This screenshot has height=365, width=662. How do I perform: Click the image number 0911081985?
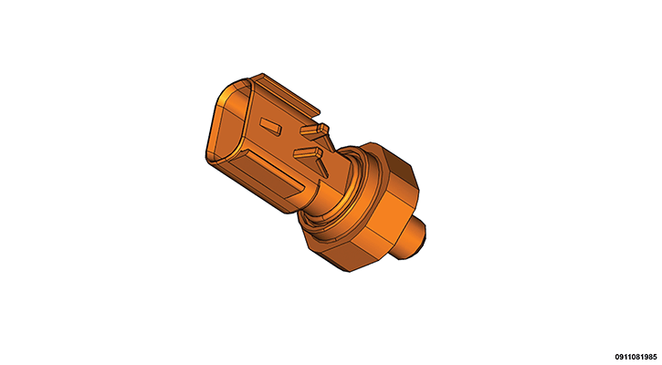pos(636,357)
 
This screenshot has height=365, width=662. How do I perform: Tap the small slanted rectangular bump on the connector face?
pos(270,126)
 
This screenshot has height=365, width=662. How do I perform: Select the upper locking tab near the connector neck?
pos(314,129)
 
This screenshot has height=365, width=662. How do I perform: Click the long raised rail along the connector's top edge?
pos(287,95)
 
